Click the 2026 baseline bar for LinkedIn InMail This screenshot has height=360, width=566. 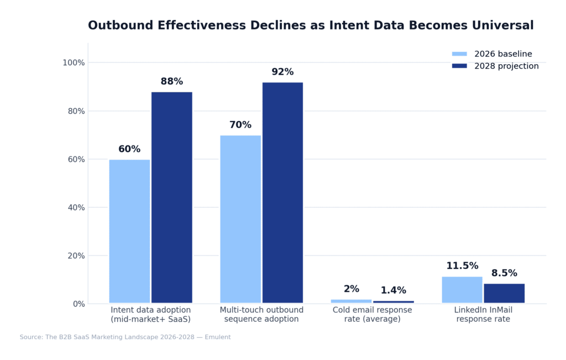(x=462, y=290)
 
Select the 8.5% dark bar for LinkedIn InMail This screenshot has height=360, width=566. (x=504, y=293)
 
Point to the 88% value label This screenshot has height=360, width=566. (x=172, y=82)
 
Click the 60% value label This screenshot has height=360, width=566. (x=129, y=149)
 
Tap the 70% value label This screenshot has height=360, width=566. (x=240, y=125)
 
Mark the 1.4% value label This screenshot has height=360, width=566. (x=394, y=290)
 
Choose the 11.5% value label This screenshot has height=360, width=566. (x=462, y=266)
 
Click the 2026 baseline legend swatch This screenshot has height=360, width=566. (x=459, y=54)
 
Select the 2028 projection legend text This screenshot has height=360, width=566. (x=506, y=66)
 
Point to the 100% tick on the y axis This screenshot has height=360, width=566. (x=74, y=63)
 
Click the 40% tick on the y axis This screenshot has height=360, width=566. (x=76, y=207)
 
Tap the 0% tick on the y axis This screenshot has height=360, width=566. (x=78, y=304)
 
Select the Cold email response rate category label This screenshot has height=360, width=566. (x=372, y=315)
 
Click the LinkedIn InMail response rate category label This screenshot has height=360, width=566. (x=483, y=315)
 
